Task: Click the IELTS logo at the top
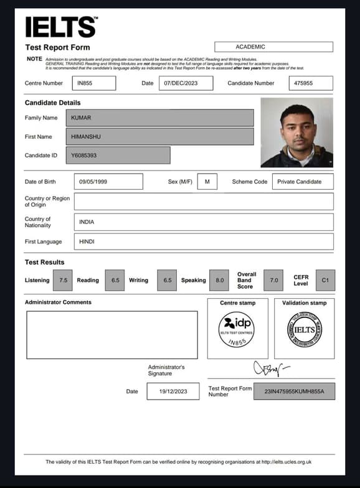[x=60, y=27]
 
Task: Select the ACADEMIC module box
[x=273, y=47]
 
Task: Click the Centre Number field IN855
[x=93, y=83]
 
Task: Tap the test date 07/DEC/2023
[x=186, y=83]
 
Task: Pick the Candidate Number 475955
[x=311, y=83]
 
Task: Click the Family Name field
[x=164, y=118]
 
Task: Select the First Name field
[x=164, y=136]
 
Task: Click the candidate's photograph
[x=296, y=133]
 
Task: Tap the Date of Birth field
[x=108, y=182]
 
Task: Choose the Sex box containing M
[x=207, y=182]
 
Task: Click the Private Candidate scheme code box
[x=303, y=182]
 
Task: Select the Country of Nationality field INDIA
[x=203, y=222]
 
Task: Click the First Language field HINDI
[x=203, y=242]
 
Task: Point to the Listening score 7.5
[x=63, y=280]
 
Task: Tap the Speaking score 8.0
[x=220, y=280]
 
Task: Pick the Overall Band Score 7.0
[x=274, y=280]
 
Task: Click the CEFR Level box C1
[x=324, y=280]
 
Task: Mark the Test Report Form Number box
[x=295, y=391]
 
